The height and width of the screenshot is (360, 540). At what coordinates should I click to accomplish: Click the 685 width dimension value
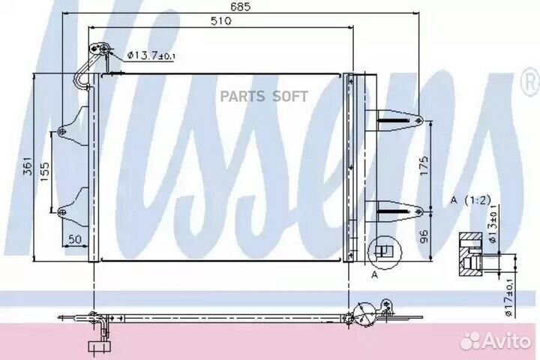[x=241, y=7]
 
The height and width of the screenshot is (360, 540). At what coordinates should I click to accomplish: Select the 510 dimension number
[x=220, y=21]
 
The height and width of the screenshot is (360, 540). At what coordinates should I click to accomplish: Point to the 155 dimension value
[x=45, y=172]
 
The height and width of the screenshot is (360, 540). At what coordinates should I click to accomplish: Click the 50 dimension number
[x=75, y=239]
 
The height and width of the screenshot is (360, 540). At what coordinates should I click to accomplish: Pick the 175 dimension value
[x=424, y=166]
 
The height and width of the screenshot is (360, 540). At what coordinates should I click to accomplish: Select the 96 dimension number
[x=424, y=236]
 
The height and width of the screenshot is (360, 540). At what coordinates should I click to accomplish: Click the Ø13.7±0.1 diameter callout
[x=151, y=55]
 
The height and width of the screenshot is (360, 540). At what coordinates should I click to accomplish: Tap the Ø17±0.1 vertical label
[x=510, y=298]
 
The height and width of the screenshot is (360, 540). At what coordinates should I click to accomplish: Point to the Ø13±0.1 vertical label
[x=493, y=224]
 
